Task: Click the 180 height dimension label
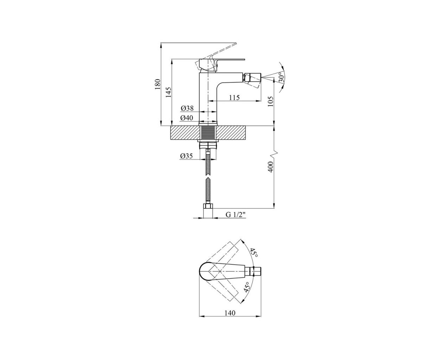[x=158, y=84]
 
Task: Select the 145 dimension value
[x=169, y=92]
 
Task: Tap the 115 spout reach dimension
[x=234, y=97]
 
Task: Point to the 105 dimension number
[x=270, y=101]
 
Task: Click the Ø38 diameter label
[x=187, y=108]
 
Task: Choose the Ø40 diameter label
[x=187, y=118]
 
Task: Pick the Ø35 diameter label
[x=186, y=156]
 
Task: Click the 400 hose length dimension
[x=270, y=167]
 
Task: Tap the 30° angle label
[x=282, y=77]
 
